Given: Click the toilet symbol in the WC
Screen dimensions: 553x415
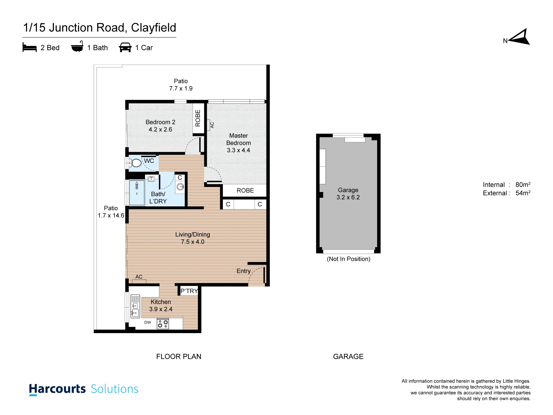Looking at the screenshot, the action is [x=135, y=163].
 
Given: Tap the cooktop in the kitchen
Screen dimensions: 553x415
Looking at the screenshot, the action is [x=163, y=324].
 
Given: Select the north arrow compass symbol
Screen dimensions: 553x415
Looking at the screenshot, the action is [x=519, y=37].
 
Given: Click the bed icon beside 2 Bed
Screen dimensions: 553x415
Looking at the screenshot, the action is [x=30, y=47].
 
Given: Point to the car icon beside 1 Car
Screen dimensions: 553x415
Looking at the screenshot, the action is [x=125, y=47].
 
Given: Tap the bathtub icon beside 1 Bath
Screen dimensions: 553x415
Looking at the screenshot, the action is [x=77, y=47].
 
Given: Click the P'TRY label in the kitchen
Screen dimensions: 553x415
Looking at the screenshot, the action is [x=189, y=291].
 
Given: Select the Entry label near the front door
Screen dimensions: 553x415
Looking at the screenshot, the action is [x=244, y=271].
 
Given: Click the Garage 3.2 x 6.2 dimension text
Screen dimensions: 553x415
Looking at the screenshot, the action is [x=348, y=197].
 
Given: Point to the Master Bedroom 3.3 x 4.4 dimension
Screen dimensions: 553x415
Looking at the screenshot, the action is [x=238, y=150].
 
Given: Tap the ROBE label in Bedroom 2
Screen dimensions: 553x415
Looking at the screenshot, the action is [x=198, y=118].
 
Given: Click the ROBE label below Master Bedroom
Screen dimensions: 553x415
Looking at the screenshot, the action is [x=245, y=191].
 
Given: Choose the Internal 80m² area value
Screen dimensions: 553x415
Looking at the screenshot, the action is [x=523, y=185].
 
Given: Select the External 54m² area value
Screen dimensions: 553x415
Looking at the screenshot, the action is [x=523, y=193].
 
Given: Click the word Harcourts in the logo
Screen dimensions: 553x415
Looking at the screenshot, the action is [x=57, y=389].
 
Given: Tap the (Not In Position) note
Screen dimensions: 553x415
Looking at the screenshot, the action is [x=348, y=259].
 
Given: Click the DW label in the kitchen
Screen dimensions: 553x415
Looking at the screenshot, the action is [x=148, y=322].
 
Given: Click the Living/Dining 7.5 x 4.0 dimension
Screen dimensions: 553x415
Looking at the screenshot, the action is [x=193, y=242].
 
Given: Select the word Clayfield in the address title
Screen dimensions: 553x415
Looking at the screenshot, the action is [x=153, y=28].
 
